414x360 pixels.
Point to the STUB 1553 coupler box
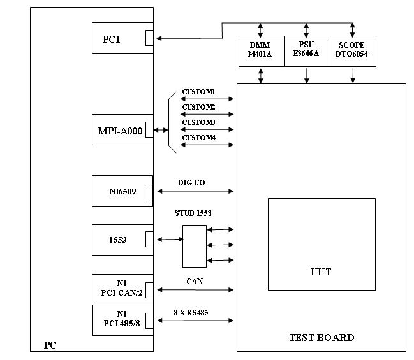pyautogui.click(x=194, y=246)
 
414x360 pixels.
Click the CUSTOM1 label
pyautogui.click(x=198, y=92)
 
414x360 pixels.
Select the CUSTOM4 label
pyautogui.click(x=198, y=138)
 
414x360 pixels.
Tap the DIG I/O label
pyautogui.click(x=191, y=183)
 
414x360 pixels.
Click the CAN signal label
pyautogui.click(x=195, y=281)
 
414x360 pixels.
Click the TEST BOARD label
pyautogui.click(x=322, y=337)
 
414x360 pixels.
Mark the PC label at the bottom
pyautogui.click(x=50, y=345)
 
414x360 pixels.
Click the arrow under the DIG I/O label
pyautogui.click(x=196, y=191)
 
